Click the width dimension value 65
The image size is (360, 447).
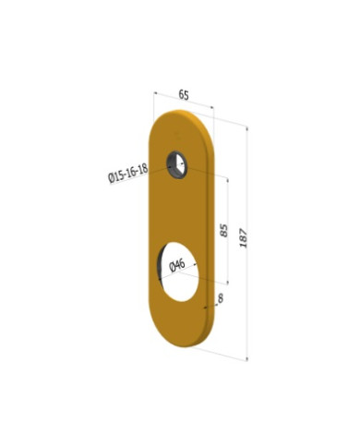click(184, 94)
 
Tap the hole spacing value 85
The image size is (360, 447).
click(223, 230)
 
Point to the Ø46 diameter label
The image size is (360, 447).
click(178, 265)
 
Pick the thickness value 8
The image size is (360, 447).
click(220, 297)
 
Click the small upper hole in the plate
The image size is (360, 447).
click(176, 165)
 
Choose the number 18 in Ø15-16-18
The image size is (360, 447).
click(142, 168)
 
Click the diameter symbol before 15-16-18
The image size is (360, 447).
click(111, 180)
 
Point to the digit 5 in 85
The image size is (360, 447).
click(223, 225)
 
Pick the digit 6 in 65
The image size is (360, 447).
click(181, 94)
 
